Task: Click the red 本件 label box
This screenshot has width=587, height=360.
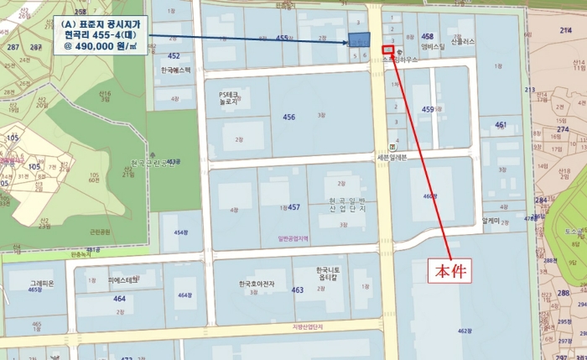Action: pyautogui.click(x=452, y=248)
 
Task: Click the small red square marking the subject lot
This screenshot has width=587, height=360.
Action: pyautogui.click(x=387, y=50)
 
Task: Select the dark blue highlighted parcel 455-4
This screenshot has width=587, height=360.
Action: pyautogui.click(x=358, y=40)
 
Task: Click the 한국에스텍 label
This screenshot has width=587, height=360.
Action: pyautogui.click(x=175, y=70)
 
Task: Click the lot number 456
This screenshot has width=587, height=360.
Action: pyautogui.click(x=289, y=117)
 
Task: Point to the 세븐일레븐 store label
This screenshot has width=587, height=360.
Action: pyautogui.click(x=392, y=157)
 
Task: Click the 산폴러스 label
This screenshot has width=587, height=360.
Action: pyautogui.click(x=462, y=41)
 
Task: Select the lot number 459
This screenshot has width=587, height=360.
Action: pyautogui.click(x=427, y=110)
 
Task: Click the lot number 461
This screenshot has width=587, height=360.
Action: pyautogui.click(x=501, y=124)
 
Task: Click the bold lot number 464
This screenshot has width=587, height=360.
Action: pyautogui.click(x=120, y=298)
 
